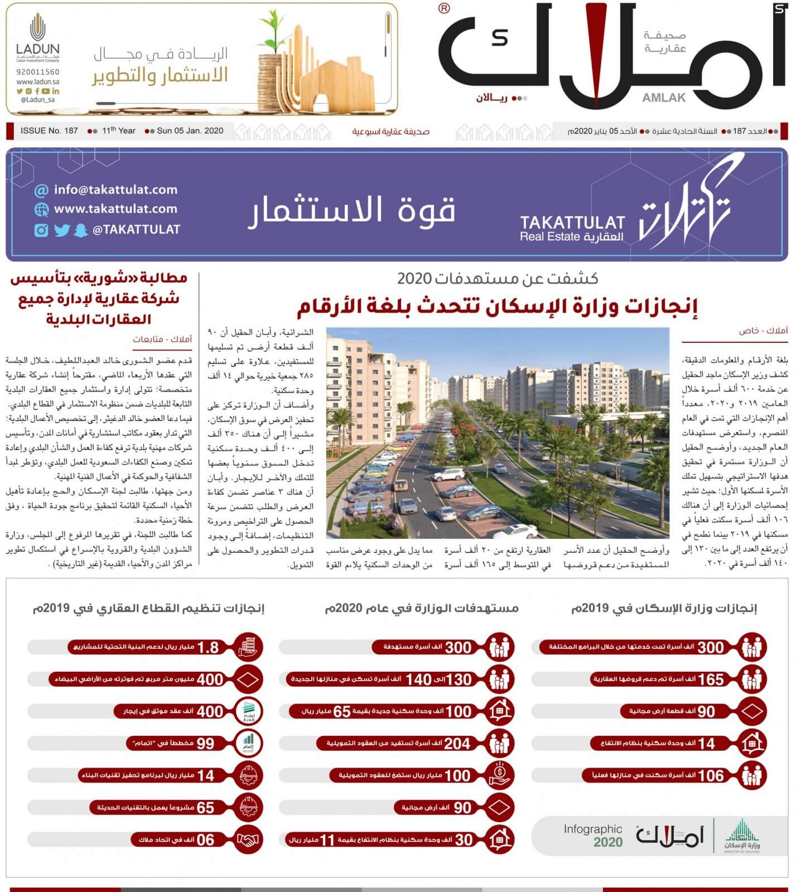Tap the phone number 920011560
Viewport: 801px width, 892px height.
point(38,72)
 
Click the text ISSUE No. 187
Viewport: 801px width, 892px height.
point(49,131)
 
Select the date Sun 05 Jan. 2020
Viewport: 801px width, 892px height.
point(190,131)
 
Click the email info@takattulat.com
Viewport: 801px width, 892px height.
point(115,190)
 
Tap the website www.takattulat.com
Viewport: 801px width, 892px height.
point(115,209)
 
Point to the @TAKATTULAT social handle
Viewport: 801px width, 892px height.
point(136,229)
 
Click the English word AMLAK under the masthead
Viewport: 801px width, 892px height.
point(664,98)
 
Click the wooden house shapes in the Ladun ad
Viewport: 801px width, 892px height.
point(312,72)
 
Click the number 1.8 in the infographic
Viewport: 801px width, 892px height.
point(208,647)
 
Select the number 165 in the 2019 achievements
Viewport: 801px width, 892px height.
point(711,680)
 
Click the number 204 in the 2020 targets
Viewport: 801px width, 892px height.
point(457,744)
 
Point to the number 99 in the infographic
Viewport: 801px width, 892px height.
point(205,744)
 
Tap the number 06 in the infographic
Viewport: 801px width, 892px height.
point(205,840)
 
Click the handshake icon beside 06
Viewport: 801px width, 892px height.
point(248,840)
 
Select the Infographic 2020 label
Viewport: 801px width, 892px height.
point(592,836)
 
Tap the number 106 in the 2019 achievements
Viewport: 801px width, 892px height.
point(711,775)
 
